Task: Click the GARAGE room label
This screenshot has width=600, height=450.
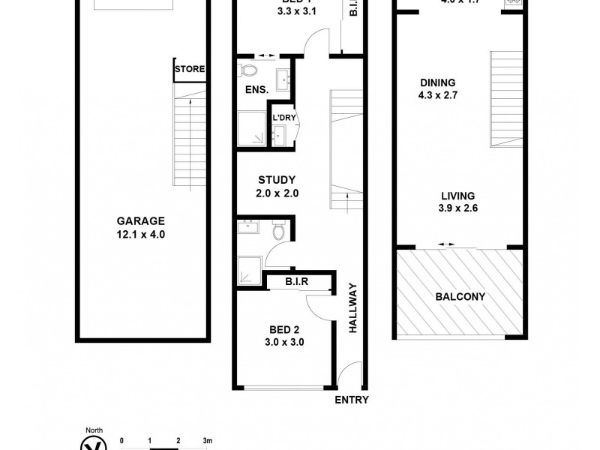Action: pyautogui.click(x=140, y=221)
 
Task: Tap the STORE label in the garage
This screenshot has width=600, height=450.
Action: pyautogui.click(x=189, y=70)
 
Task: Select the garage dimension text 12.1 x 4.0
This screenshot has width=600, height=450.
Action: pyautogui.click(x=140, y=235)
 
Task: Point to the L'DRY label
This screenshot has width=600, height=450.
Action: pyautogui.click(x=283, y=118)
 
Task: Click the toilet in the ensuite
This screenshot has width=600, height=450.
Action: pyautogui.click(x=249, y=70)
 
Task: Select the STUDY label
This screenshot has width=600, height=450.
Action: pyautogui.click(x=277, y=180)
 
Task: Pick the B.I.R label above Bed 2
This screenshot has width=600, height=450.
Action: pyautogui.click(x=298, y=283)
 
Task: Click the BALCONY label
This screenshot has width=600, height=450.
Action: pyautogui.click(x=460, y=296)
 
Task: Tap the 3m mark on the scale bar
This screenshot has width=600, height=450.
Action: pyautogui.click(x=207, y=440)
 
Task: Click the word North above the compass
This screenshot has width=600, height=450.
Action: pyautogui.click(x=94, y=430)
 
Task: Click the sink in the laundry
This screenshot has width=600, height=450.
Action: pyautogui.click(x=280, y=135)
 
